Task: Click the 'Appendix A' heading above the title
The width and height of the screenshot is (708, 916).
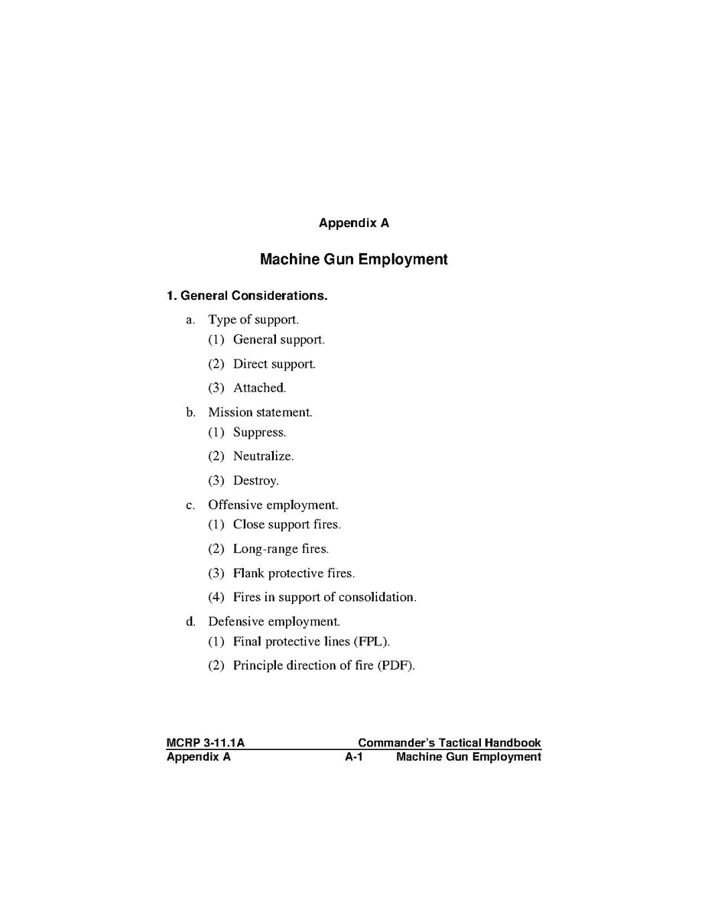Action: pos(353,223)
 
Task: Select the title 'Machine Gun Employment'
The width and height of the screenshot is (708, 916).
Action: pos(353,259)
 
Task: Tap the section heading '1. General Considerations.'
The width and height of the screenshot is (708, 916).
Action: pos(247,295)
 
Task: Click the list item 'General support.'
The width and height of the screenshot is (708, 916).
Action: pos(278,339)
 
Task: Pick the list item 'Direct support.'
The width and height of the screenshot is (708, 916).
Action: pos(274,364)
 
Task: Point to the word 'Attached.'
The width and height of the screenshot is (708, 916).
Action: pos(259,388)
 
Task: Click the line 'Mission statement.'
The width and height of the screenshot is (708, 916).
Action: pos(260,412)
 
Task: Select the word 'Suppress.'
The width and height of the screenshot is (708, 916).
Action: pos(259,432)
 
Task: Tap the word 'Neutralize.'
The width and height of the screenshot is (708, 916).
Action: pos(263,456)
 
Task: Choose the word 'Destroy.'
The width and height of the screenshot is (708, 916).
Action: pos(255,481)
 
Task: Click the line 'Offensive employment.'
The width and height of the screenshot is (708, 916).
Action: pos(273,505)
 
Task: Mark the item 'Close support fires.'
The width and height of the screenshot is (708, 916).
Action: pos(287,525)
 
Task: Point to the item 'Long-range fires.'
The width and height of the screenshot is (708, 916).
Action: pos(281,549)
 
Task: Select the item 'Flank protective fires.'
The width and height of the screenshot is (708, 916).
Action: pos(294,573)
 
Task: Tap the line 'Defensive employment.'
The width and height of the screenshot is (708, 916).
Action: pos(274,622)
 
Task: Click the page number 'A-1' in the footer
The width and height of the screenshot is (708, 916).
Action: pos(352,757)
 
